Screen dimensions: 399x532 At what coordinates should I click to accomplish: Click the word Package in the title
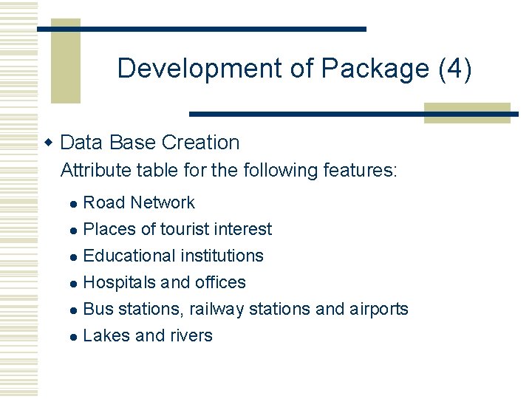375,69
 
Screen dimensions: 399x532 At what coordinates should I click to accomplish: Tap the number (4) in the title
454,69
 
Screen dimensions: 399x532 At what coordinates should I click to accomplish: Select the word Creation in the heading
200,143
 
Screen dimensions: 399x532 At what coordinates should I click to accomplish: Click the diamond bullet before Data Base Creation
50,142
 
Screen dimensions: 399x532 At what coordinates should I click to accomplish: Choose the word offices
220,282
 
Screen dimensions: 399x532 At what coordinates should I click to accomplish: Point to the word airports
378,309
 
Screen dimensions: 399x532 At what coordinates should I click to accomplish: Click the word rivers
191,335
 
